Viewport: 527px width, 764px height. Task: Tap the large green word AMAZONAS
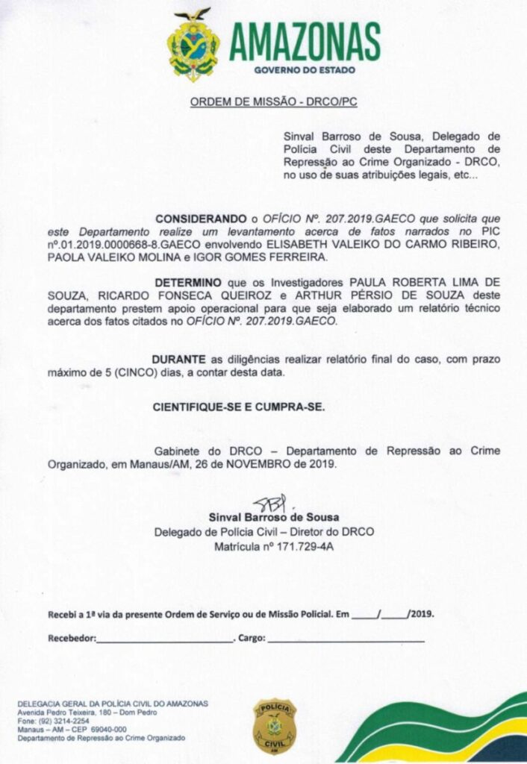click(305, 41)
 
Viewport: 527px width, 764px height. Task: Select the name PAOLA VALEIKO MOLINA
click(108, 256)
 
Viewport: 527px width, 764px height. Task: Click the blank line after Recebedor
click(165, 639)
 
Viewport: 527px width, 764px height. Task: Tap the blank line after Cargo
click(346, 639)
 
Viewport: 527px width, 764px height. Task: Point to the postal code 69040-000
click(100, 730)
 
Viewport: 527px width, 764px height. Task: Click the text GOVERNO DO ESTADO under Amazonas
click(305, 69)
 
